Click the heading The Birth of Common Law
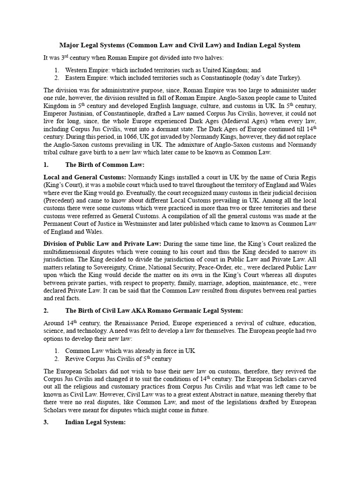point(105,165)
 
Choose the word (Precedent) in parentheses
point(62,201)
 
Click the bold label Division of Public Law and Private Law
point(102,244)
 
